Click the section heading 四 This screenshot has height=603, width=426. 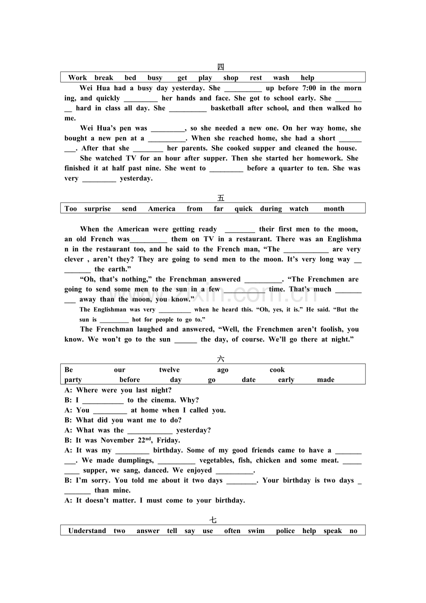tap(221, 67)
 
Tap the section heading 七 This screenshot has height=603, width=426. tap(213, 520)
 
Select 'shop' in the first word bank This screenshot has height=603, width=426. tap(231, 78)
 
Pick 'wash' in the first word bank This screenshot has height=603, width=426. tap(281, 78)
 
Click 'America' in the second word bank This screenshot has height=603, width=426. tap(162, 209)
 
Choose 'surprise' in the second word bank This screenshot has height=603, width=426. tap(98, 209)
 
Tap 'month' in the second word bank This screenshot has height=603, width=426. tap(334, 209)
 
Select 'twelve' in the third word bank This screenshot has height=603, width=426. tap(169, 370)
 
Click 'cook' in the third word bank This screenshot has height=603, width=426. tap(277, 370)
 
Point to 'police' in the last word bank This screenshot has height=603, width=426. tap(285, 531)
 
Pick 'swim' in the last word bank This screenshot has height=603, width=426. tap(256, 531)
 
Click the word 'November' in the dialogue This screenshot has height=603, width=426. tap(118, 440)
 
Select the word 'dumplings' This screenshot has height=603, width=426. tap(137, 460)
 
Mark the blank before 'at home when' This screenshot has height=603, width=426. tap(110, 410)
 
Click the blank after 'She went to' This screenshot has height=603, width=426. tap(226, 169)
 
